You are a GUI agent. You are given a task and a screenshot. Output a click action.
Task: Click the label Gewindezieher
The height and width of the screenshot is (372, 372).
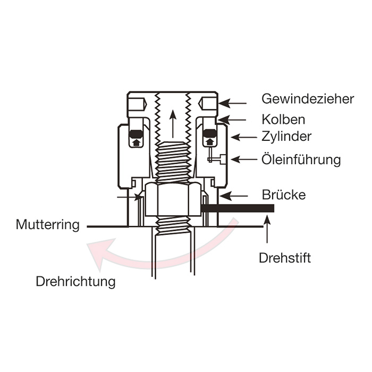coord(300,99)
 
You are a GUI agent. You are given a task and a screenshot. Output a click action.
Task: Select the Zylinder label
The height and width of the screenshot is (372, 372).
coord(286,137)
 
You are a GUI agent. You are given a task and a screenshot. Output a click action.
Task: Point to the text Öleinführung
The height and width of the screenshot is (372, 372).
coord(301,159)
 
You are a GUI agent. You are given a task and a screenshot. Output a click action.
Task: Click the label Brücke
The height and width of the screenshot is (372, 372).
coord(284,195)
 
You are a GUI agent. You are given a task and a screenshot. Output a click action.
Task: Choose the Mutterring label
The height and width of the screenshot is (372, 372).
coord(48,224)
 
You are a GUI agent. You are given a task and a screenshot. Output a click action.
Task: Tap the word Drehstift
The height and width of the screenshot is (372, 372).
coord(285,258)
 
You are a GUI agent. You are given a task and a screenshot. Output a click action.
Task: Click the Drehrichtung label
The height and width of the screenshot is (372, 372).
coord(75,281)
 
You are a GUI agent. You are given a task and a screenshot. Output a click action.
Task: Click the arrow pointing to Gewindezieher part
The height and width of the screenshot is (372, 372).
coord(234,103)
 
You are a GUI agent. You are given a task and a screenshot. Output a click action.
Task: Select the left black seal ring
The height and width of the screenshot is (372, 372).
coord(136,133)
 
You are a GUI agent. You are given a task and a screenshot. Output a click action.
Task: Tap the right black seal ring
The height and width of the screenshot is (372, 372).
coord(209,133)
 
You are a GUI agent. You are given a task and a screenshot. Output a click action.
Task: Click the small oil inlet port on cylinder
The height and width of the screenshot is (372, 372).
coord(224,159)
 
